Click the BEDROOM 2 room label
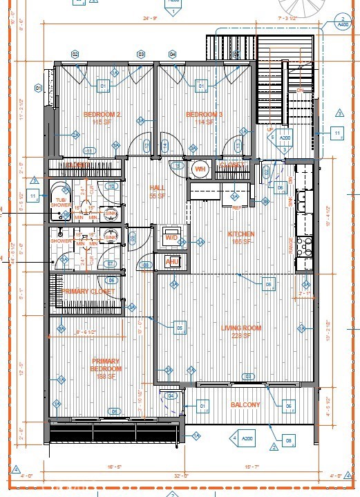[102, 114]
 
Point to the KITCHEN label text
[241, 234]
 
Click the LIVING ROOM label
[240, 328]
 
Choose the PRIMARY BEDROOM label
[105, 365]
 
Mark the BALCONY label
[245, 405]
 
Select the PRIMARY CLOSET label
[86, 292]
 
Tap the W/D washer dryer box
[171, 236]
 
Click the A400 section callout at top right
[342, 21]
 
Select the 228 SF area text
[240, 335]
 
